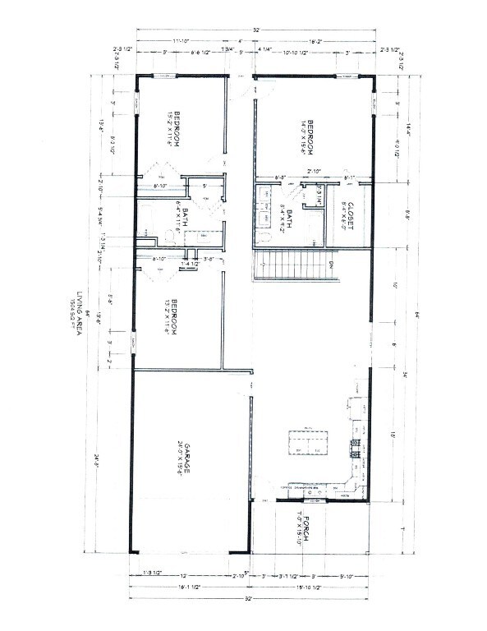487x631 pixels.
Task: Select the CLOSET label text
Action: click(x=349, y=215)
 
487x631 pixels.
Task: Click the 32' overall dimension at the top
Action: click(x=256, y=30)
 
